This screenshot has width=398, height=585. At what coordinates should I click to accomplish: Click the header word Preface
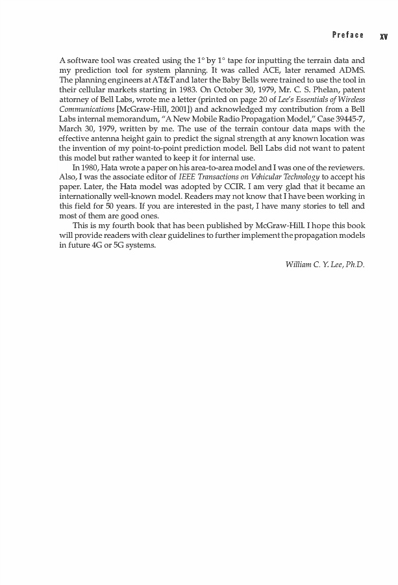point(347,35)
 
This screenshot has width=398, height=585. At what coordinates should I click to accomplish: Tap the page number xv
point(383,36)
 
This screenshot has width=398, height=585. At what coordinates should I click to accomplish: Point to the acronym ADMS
point(350,70)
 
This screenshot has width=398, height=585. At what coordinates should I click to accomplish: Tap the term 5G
point(121,245)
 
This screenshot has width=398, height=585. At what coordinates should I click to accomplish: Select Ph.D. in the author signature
point(354,265)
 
